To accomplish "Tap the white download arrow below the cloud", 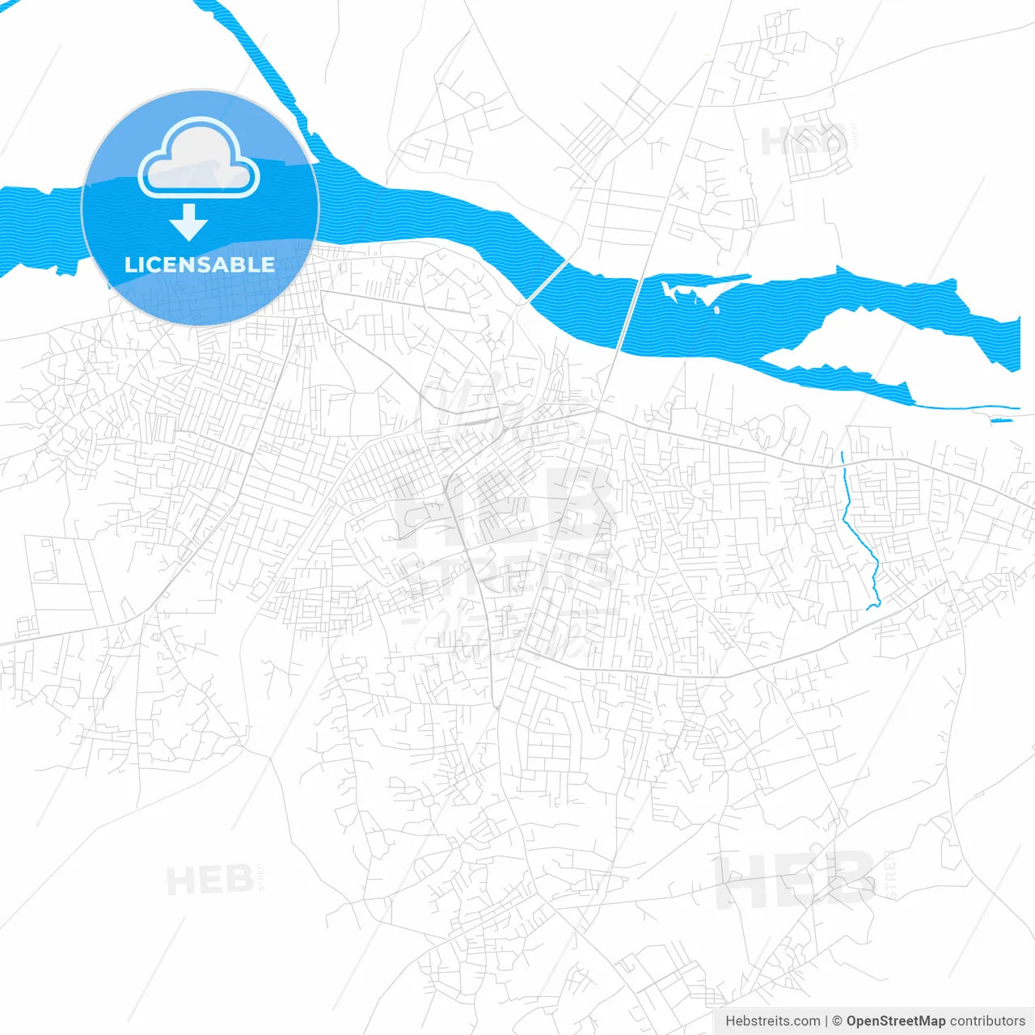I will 189,222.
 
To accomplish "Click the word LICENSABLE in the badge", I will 200,264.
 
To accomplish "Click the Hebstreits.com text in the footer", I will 773,1021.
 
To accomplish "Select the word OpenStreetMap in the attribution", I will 895,1021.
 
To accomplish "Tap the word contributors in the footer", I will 987,1021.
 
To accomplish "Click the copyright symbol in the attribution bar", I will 838,1021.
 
